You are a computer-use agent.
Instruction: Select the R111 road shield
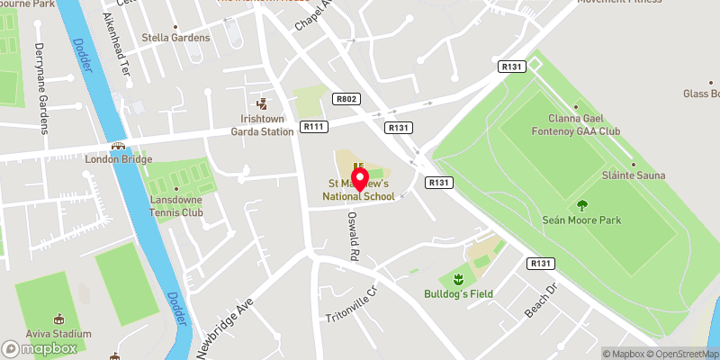313,127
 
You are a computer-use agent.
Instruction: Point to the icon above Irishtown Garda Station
263,103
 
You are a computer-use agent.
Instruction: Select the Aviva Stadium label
59,334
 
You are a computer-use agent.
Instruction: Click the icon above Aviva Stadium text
59,319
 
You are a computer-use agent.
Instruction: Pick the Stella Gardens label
175,38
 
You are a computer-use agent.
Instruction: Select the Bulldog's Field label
459,294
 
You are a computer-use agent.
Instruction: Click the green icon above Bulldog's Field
458,277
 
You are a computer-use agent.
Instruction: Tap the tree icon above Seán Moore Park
581,205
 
